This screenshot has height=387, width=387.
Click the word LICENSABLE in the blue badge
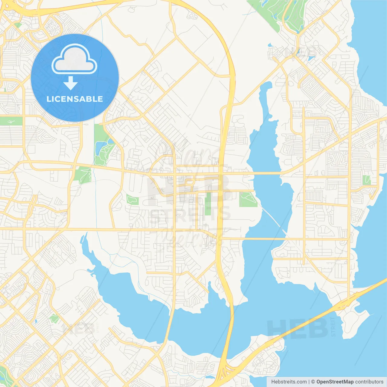click(x=75, y=99)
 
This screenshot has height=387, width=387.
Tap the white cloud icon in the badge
click(x=74, y=60)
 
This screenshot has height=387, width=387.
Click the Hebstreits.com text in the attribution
click(x=289, y=382)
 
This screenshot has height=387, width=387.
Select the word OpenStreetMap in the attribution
click(x=335, y=382)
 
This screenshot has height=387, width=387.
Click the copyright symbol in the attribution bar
click(x=313, y=382)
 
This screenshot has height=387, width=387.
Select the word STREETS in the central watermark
click(x=190, y=214)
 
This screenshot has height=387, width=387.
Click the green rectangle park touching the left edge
click(x=11, y=121)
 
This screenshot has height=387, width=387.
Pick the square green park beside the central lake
click(x=248, y=199)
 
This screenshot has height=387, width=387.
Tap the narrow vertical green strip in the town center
click(x=208, y=204)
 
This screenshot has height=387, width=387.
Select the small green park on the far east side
click(x=366, y=180)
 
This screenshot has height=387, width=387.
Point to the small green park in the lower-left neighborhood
click(x=54, y=318)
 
